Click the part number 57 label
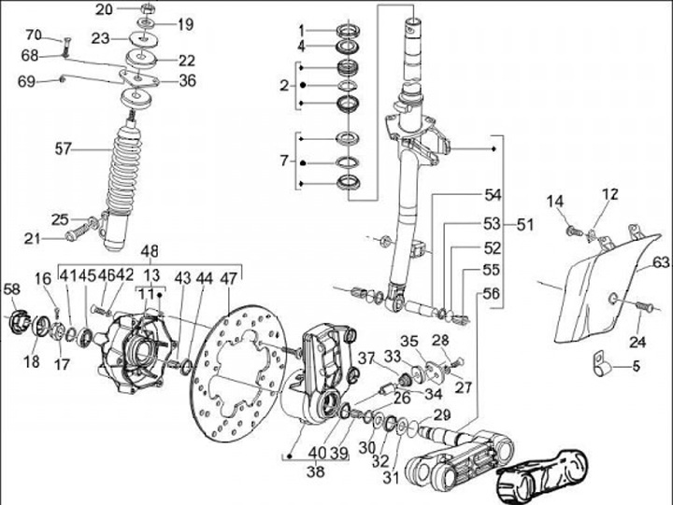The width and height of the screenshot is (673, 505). pyautogui.click(x=64, y=147)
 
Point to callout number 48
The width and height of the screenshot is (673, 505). pyautogui.click(x=150, y=252)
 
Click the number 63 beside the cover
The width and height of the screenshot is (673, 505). pyautogui.click(x=661, y=262)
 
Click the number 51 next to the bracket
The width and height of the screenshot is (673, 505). pyautogui.click(x=526, y=224)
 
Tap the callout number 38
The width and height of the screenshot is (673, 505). pyautogui.click(x=317, y=472)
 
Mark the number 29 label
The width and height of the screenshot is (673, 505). pyautogui.click(x=442, y=415)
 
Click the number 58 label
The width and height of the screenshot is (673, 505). pyautogui.click(x=12, y=288)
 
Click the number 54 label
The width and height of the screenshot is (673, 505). pyautogui.click(x=493, y=195)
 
